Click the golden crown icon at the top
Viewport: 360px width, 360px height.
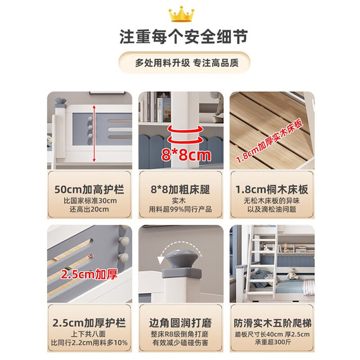coord(181,13)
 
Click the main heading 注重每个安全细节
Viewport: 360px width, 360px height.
coord(183,37)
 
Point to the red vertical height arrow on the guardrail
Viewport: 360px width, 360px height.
coord(94,133)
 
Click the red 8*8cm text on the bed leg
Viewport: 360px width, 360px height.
coord(186,155)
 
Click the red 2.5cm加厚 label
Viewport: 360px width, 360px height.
coord(89,274)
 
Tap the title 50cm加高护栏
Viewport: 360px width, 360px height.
coord(89,190)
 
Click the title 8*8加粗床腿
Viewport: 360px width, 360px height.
coord(181,190)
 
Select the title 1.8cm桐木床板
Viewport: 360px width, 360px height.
coord(272,190)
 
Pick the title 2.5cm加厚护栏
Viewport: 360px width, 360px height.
coord(89,323)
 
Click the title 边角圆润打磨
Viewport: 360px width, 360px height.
coord(181,323)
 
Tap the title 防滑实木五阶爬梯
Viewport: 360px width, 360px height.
coord(272,323)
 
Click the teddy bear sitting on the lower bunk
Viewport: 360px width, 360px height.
coord(292,273)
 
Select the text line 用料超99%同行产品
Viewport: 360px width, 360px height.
coord(181,209)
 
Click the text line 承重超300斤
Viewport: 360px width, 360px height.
coord(273,343)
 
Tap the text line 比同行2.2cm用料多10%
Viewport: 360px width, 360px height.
coord(89,343)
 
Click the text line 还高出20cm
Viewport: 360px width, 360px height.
coord(89,209)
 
